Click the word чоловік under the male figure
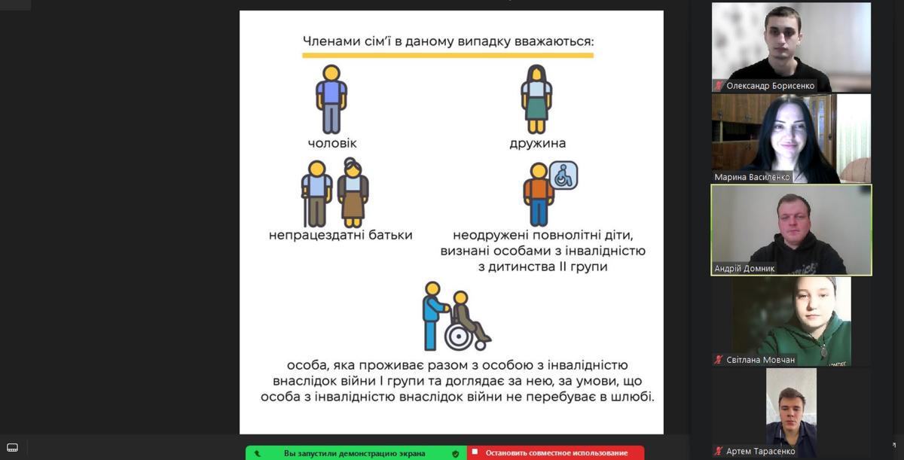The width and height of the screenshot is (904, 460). (x=332, y=143)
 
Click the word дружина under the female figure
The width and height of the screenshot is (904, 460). (x=538, y=144)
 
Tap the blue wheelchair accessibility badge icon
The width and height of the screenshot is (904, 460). (x=563, y=175)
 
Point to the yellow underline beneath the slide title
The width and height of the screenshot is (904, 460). (x=448, y=56)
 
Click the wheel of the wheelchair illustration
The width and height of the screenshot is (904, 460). (x=459, y=337)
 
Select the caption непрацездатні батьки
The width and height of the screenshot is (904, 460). (x=341, y=235)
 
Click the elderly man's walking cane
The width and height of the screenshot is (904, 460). (x=305, y=208)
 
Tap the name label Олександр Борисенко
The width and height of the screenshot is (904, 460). (x=770, y=86)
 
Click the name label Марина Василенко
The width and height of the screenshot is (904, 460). (x=752, y=177)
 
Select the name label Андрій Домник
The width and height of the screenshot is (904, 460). (x=744, y=269)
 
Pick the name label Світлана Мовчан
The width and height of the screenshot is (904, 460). (x=760, y=360)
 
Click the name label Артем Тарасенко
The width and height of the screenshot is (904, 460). (x=760, y=451)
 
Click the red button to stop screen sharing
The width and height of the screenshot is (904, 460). (x=556, y=452)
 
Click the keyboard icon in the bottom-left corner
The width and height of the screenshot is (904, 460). (x=13, y=447)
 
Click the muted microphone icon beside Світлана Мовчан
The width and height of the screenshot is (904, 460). (x=719, y=360)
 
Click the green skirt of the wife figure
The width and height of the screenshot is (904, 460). (x=536, y=108)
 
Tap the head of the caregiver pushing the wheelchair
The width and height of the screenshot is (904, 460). (x=432, y=288)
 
